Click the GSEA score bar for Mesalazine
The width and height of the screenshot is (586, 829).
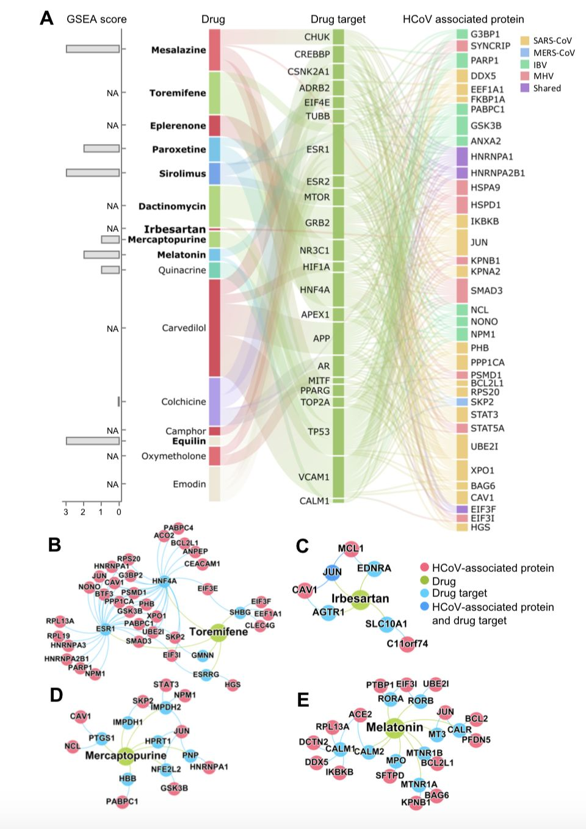pos(93,49)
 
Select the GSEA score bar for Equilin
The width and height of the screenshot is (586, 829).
pos(93,441)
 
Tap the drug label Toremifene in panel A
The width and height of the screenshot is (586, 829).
pos(178,93)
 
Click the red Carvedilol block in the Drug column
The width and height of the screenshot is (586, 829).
pos(214,328)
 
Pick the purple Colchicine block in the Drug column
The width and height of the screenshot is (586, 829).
pos(214,401)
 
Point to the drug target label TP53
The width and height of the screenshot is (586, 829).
pos(319,432)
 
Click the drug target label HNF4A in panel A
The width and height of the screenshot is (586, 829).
pos(315,290)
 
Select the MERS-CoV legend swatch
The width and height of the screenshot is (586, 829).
pos(525,52)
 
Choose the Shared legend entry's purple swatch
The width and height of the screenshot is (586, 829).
pos(525,88)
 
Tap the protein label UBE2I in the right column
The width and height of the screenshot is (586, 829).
pos(484,446)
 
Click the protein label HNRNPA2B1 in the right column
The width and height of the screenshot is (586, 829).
pos(497,173)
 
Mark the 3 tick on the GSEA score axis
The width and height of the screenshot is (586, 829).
pos(66,512)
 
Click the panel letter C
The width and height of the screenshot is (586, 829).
pos(302,546)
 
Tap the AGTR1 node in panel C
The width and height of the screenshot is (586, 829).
pos(328,612)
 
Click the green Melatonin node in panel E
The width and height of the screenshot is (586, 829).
pos(394,728)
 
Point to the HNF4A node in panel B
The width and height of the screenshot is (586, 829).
pos(164,581)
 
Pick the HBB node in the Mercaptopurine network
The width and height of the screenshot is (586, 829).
pos(128,778)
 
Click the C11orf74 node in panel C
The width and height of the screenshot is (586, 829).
pos(407,643)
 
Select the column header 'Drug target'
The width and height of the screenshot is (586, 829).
pos(338,19)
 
